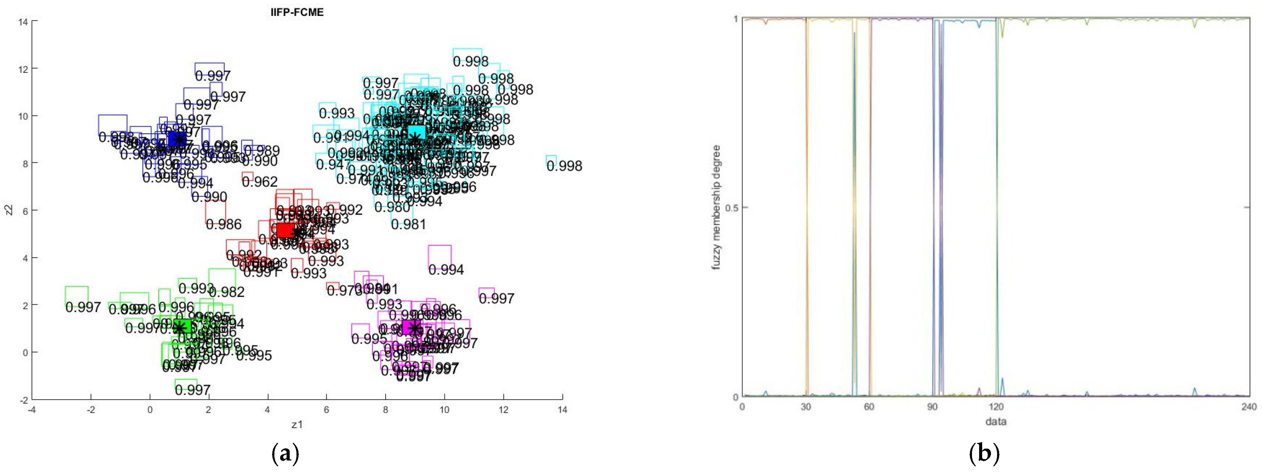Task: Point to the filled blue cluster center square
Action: pos(177,138)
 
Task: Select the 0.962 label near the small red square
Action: pos(260,182)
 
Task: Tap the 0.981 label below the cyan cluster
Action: pos(408,225)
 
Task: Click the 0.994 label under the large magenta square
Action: pos(446,270)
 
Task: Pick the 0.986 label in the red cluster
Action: pos(223,225)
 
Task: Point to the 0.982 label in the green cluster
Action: pos(226,292)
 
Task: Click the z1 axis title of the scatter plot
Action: pos(297,425)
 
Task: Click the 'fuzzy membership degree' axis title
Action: pos(716,207)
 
